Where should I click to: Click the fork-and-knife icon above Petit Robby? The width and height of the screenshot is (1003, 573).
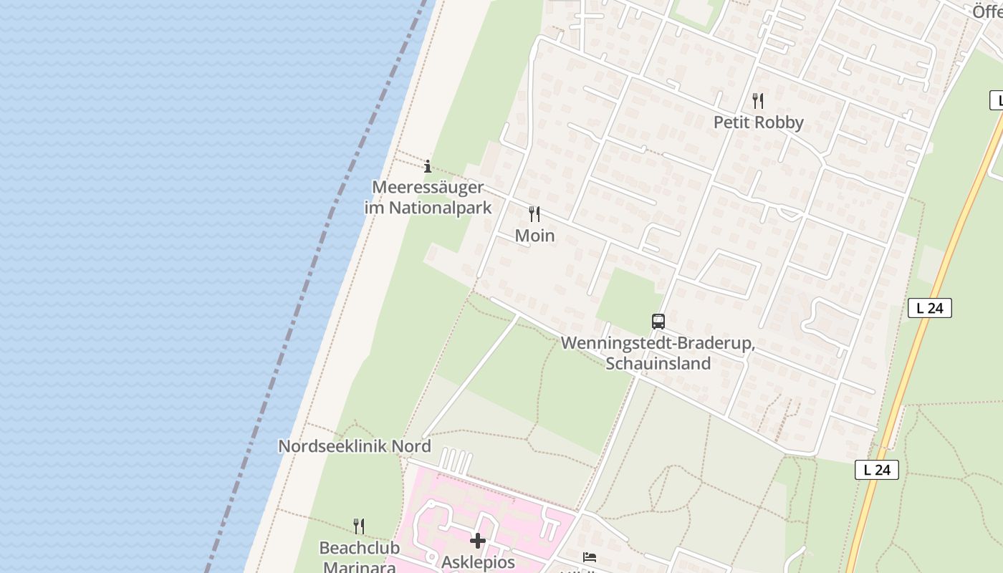click(x=758, y=100)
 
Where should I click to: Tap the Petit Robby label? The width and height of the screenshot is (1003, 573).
click(x=758, y=122)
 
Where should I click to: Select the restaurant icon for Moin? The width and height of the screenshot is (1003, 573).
click(x=534, y=213)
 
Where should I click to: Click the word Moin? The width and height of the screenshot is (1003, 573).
click(x=534, y=236)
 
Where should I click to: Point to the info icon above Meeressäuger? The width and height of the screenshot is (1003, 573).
click(x=428, y=167)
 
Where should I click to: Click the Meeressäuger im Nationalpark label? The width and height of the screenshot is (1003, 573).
click(x=428, y=198)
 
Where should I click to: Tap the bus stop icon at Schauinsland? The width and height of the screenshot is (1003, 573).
click(x=658, y=322)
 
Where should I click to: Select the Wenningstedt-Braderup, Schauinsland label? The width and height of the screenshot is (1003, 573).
click(x=658, y=353)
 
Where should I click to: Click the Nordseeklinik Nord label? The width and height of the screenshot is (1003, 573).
click(x=354, y=446)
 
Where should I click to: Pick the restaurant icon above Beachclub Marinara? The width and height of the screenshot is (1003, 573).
click(x=359, y=526)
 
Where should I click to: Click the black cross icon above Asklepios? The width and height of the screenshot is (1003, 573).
click(x=478, y=540)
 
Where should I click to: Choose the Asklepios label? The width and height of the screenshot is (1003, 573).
click(x=478, y=562)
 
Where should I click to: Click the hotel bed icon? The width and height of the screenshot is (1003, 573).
click(x=590, y=557)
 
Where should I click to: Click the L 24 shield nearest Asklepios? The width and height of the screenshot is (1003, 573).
click(x=876, y=470)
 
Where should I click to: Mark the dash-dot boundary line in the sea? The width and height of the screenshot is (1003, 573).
click(x=308, y=286)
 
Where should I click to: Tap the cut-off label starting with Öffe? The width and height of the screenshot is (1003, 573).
click(x=987, y=11)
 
